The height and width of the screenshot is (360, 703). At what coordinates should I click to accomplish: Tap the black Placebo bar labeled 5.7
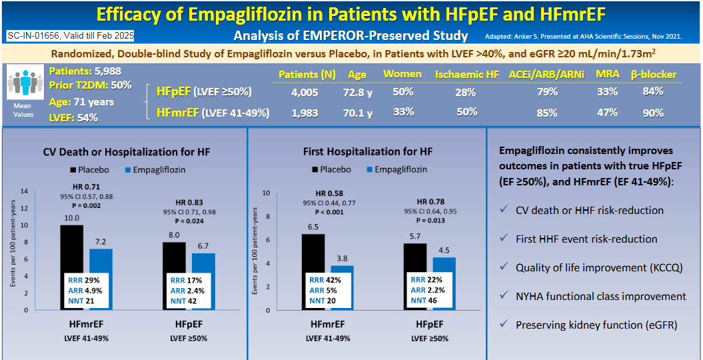tap(414, 257)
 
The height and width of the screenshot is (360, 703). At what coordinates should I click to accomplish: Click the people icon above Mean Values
tap(23, 85)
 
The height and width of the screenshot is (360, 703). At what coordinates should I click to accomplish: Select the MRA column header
tap(606, 75)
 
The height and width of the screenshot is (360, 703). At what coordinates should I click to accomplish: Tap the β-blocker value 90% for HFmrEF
tap(653, 113)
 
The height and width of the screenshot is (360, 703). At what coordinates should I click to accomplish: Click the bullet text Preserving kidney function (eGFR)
tap(596, 325)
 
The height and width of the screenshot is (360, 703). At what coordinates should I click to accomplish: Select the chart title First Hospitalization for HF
tap(368, 152)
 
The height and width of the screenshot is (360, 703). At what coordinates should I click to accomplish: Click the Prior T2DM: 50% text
tap(90, 85)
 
